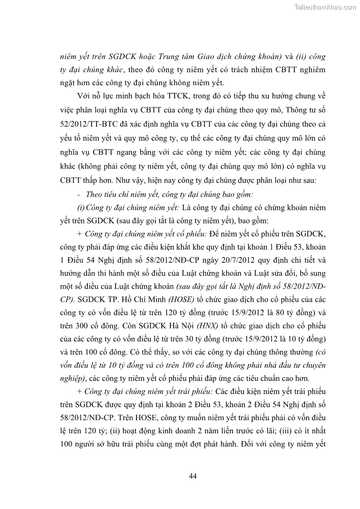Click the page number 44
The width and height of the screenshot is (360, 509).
(192, 475)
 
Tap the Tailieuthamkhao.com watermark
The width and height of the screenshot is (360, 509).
(326, 7)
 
